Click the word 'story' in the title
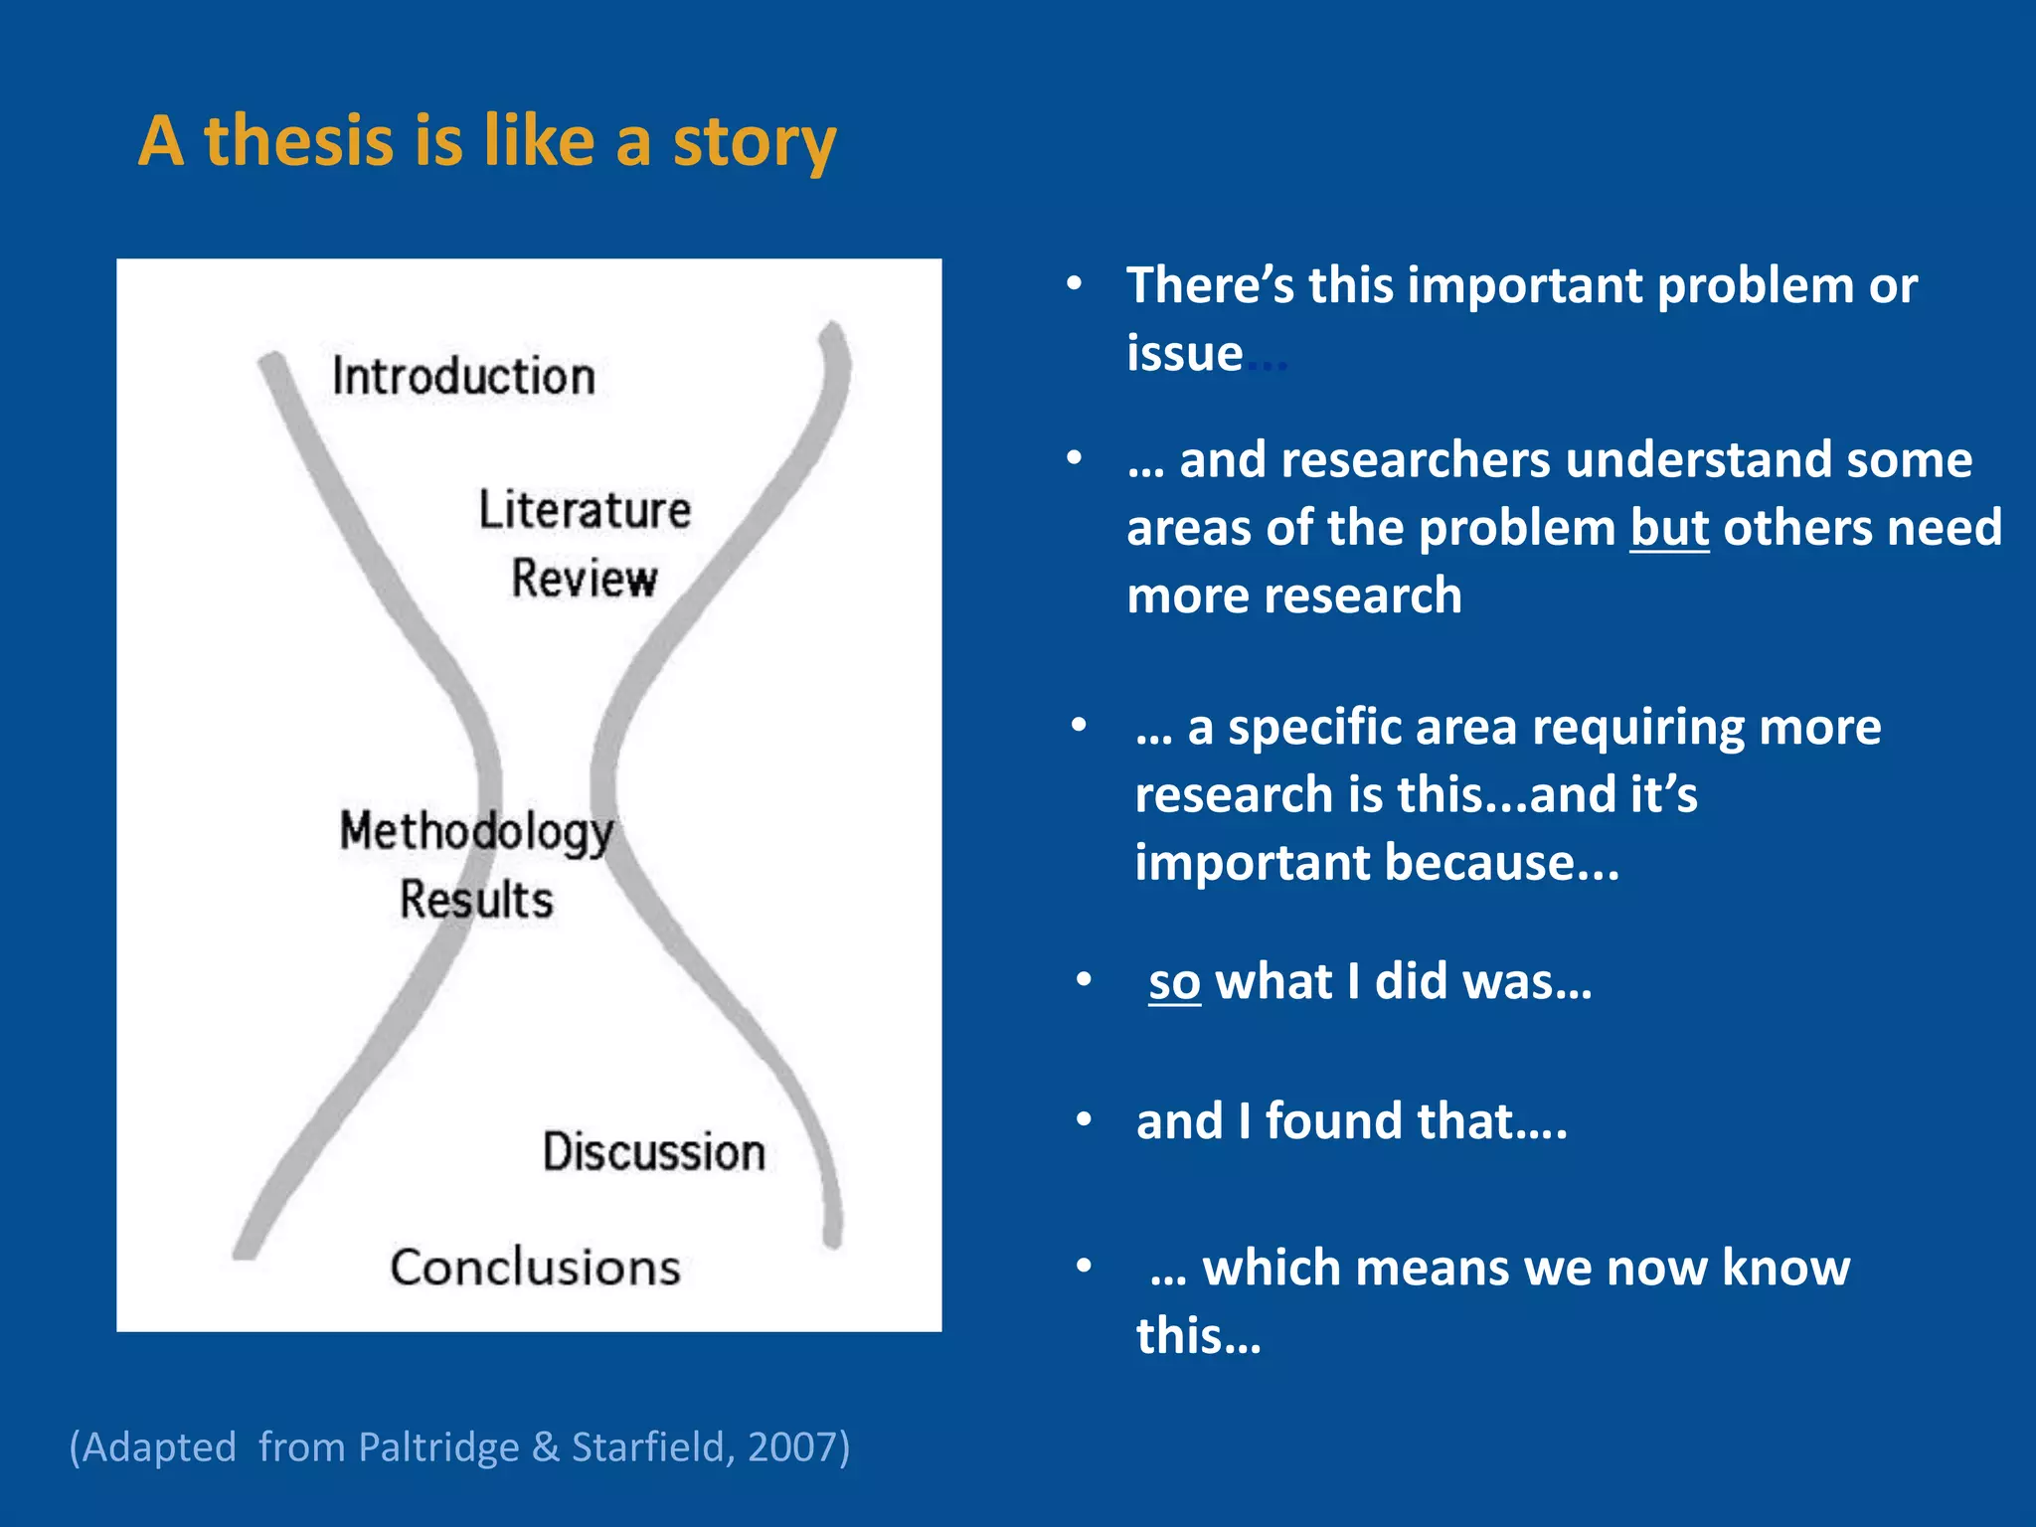coord(755,141)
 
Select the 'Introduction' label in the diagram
coord(463,377)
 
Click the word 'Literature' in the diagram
coord(585,510)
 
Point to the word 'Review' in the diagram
coord(585,579)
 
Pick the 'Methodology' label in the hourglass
coord(476,832)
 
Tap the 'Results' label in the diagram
coord(476,900)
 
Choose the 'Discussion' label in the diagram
coord(653,1152)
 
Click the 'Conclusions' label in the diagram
coord(535,1268)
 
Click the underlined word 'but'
coord(1669,528)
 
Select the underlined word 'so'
coord(1174,982)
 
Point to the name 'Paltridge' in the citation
coord(438,1446)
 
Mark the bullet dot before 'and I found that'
coord(1085,1121)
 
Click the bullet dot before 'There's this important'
coord(1074,285)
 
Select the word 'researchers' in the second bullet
coord(1415,460)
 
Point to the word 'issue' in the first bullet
coord(1184,354)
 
